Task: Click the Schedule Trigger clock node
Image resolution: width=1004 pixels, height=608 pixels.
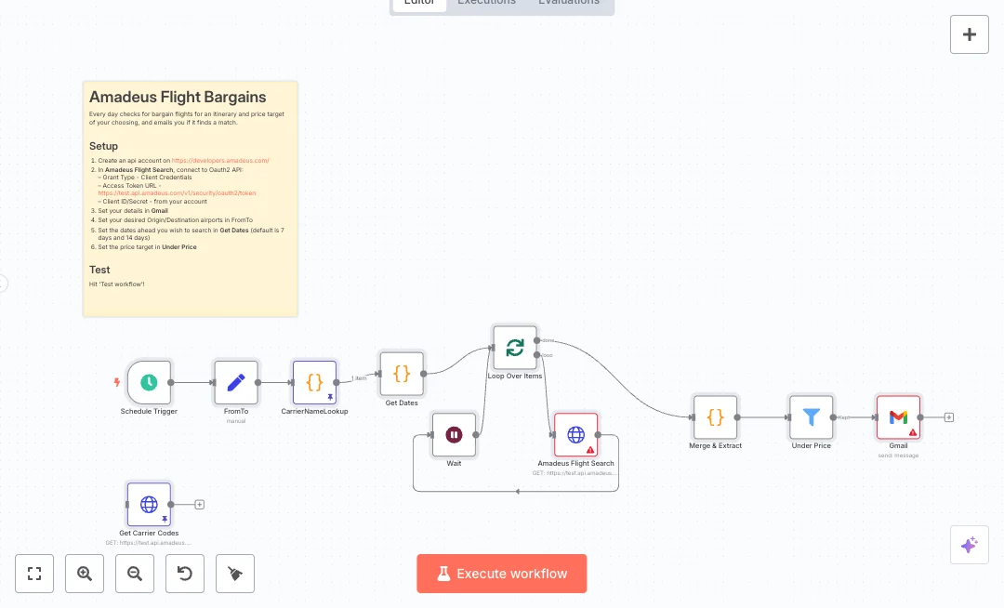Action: [x=149, y=382]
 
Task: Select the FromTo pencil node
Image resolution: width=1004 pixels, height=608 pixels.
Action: [x=236, y=382]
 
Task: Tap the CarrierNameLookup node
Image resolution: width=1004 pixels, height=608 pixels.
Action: [x=315, y=382]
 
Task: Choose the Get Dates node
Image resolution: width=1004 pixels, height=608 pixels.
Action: [x=402, y=374]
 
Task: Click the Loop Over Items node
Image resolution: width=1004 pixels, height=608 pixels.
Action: [x=515, y=348]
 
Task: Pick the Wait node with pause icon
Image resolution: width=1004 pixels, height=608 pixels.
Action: [x=454, y=434]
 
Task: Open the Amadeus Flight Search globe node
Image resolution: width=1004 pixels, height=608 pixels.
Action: [x=576, y=434]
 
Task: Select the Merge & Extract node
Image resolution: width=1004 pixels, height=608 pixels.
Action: [x=715, y=417]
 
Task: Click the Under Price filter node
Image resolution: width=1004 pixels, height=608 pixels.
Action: [x=812, y=417]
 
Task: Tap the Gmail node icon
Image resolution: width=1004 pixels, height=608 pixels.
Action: [x=898, y=417]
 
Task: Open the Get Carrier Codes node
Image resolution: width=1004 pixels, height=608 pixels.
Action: [x=149, y=504]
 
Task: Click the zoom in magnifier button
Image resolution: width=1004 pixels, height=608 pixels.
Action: [x=85, y=574]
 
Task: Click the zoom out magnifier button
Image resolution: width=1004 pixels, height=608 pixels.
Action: [x=135, y=574]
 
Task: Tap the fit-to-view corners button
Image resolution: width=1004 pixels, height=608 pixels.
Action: [x=34, y=574]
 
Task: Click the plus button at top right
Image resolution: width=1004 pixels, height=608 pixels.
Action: [x=970, y=34]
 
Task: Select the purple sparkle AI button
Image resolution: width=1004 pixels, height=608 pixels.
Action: [x=970, y=545]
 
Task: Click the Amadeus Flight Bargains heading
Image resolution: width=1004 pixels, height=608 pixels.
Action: [x=178, y=97]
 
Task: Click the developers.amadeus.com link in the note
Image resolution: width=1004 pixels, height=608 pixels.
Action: [x=220, y=160]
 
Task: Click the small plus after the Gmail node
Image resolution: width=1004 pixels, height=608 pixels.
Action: [x=949, y=417]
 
